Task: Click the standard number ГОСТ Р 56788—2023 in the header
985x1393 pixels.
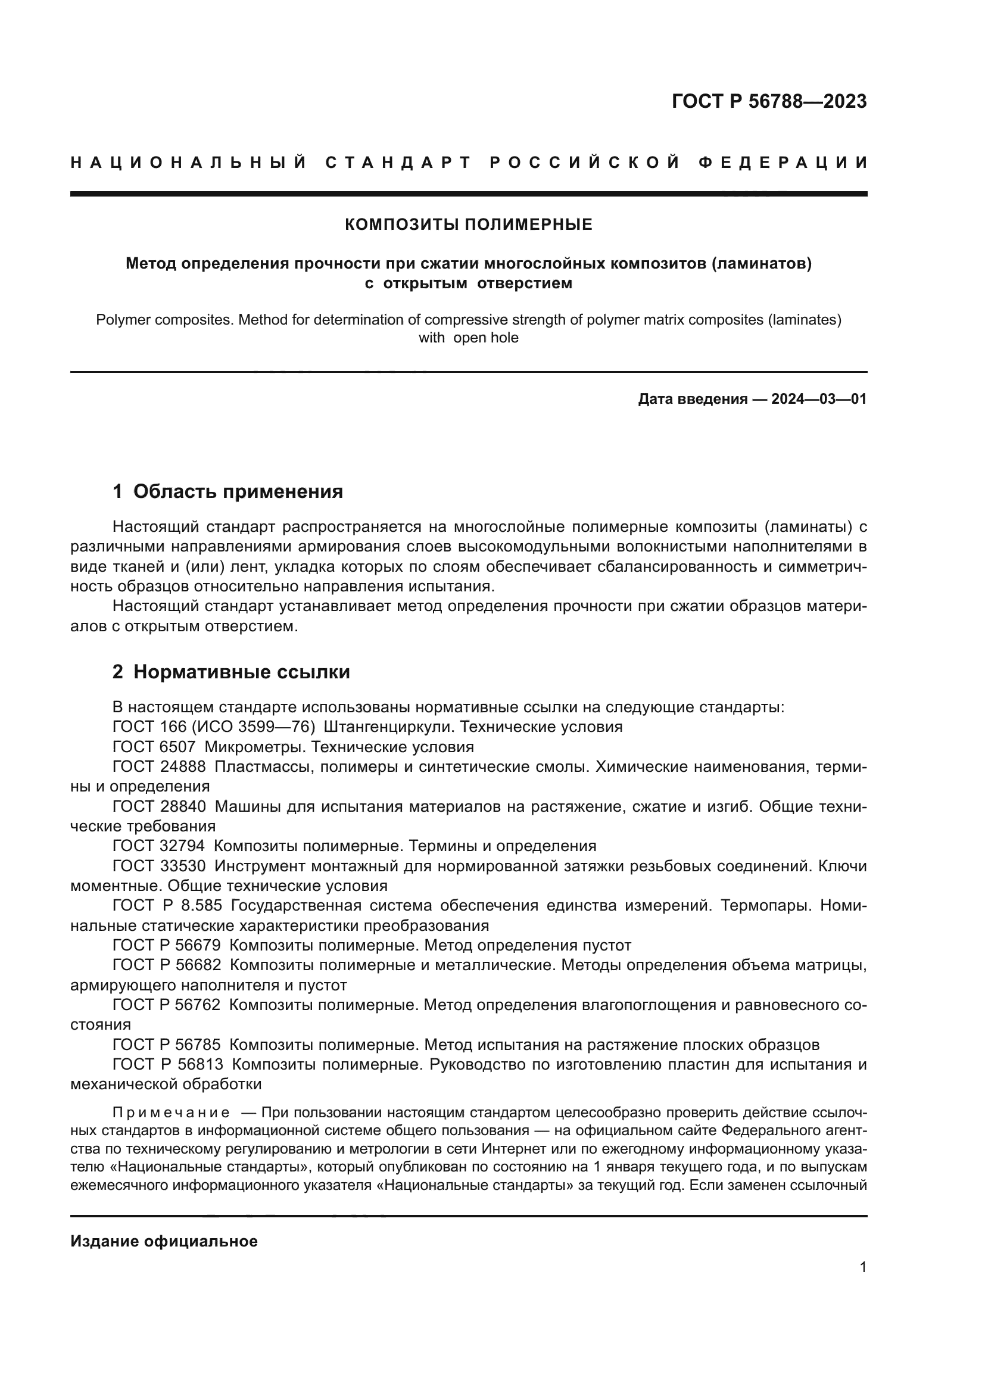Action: pos(769,101)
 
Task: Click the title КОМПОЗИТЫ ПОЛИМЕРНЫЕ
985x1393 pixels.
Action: pos(468,225)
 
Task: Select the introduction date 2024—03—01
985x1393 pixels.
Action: pos(819,399)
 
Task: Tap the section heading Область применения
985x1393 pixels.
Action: pos(238,491)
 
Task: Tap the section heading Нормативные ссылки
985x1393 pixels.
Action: pos(241,672)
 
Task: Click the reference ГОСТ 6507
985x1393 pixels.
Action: pos(154,747)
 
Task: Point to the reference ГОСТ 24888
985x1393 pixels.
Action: pos(159,767)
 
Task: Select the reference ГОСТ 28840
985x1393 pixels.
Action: pos(159,807)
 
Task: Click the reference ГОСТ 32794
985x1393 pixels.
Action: pos(159,846)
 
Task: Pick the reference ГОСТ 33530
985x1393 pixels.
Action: pos(159,867)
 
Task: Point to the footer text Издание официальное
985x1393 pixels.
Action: pos(164,1241)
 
